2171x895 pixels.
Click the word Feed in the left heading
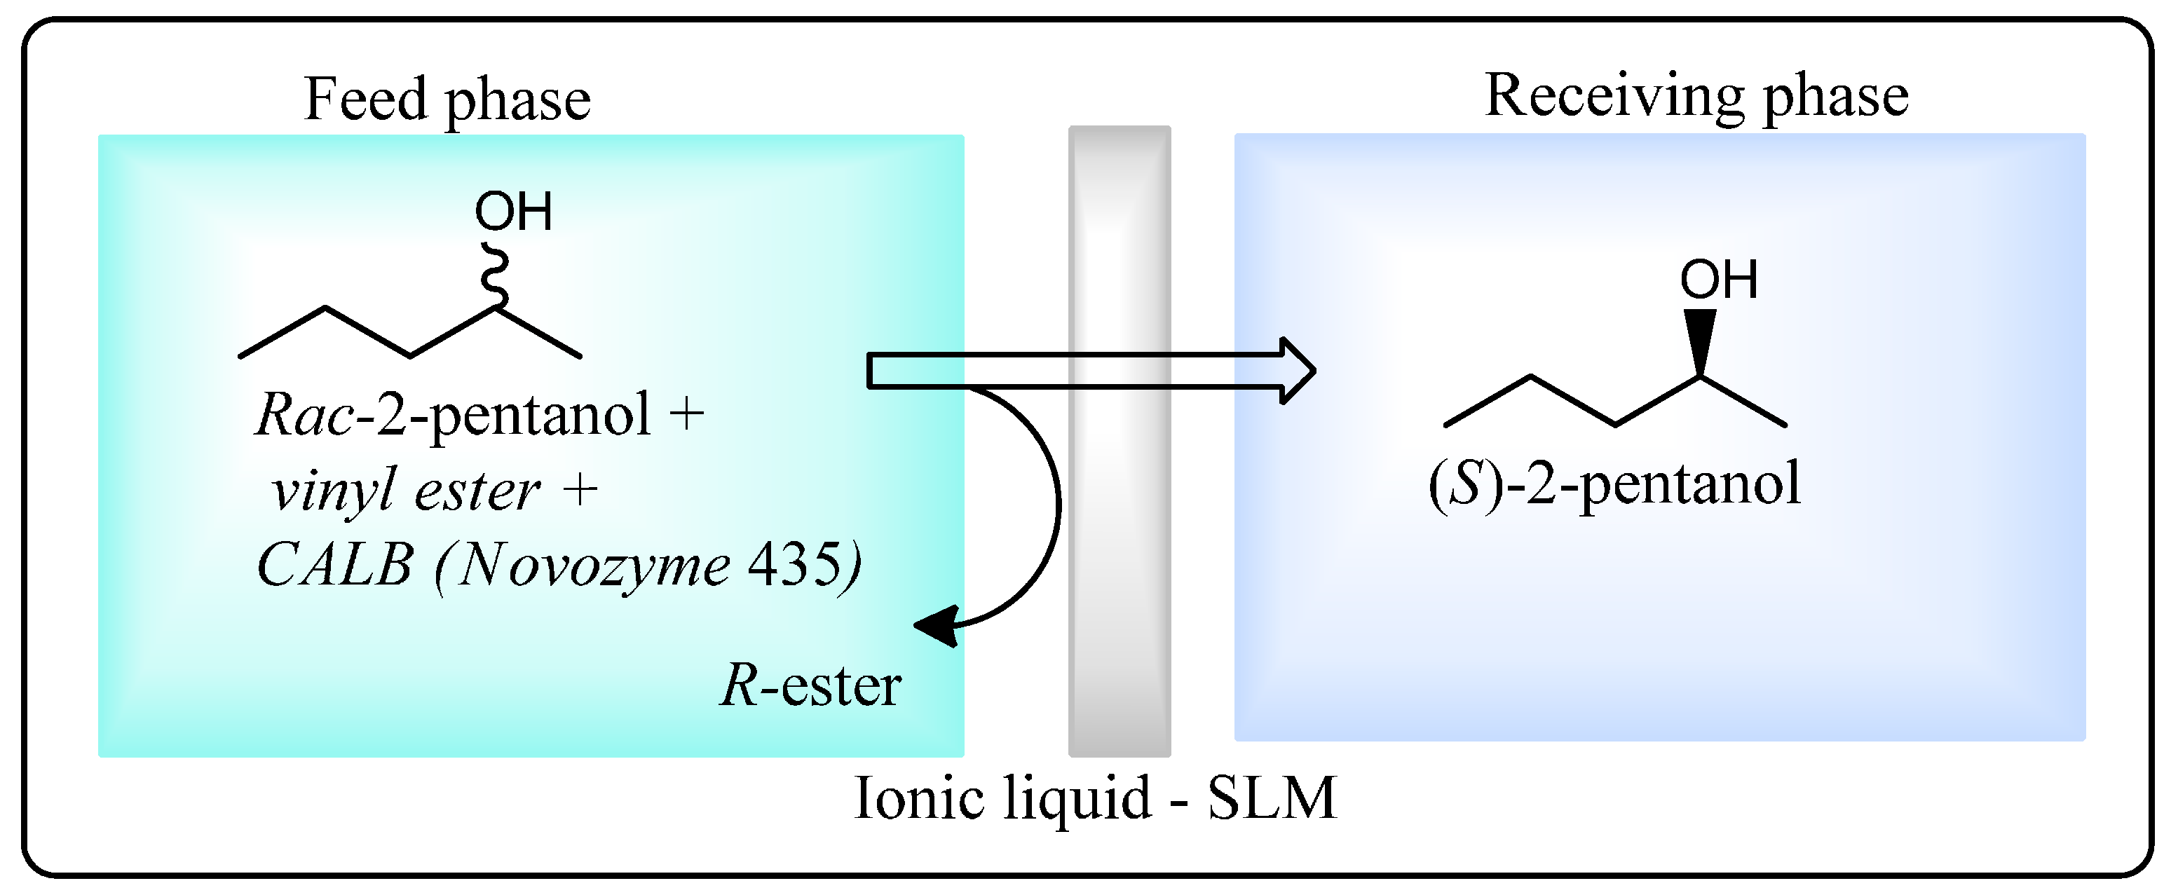click(x=366, y=100)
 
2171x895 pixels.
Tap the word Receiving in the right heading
click(x=1614, y=97)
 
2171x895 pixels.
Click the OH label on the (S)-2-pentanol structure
click(x=1718, y=280)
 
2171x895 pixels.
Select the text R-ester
click(x=811, y=685)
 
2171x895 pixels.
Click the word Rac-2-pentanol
click(x=454, y=416)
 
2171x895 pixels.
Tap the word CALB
click(x=334, y=565)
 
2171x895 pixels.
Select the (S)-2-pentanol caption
click(x=1614, y=484)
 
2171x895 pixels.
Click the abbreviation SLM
click(x=1272, y=798)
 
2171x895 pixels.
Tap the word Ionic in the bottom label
click(x=918, y=798)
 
